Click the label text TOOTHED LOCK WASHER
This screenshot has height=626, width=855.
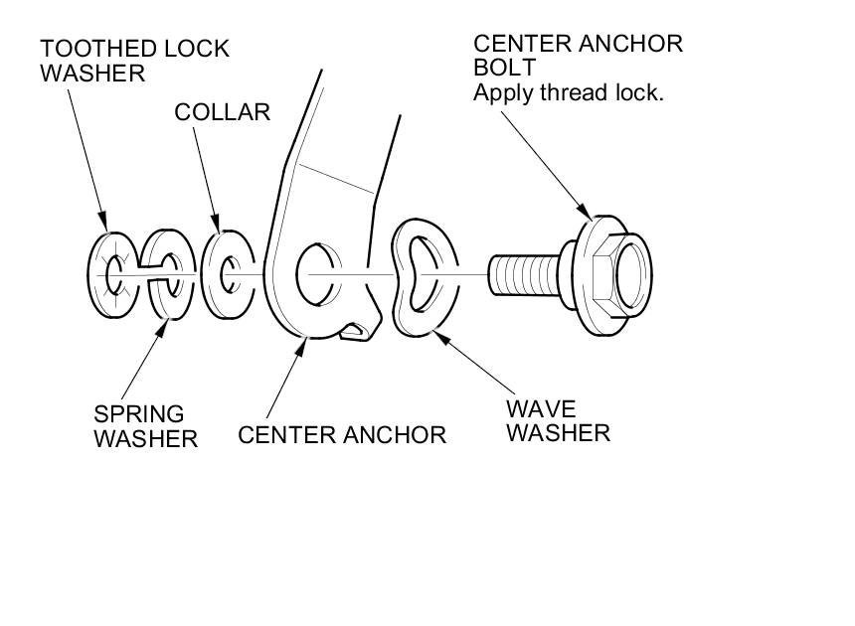[134, 60]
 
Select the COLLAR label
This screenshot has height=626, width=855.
[222, 111]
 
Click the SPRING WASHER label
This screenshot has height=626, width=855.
[145, 425]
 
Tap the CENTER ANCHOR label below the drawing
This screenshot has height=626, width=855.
[342, 434]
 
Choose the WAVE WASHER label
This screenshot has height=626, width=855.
[557, 420]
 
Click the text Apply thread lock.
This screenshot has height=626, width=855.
[568, 93]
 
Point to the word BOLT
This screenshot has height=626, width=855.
[505, 69]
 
